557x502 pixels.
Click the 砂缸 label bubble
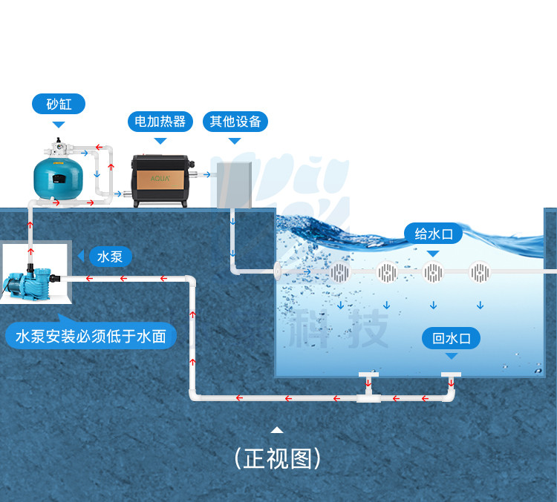click(x=59, y=104)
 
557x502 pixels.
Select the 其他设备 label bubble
click(x=235, y=121)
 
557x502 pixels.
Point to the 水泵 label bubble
click(x=110, y=257)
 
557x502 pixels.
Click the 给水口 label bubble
click(x=433, y=234)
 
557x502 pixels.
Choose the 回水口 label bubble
click(x=451, y=339)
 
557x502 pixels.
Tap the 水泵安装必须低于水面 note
click(x=91, y=337)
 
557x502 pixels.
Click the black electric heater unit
click(x=161, y=180)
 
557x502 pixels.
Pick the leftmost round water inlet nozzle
click(x=339, y=272)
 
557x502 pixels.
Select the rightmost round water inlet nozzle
click(x=480, y=272)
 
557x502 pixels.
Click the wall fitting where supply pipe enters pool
click(x=281, y=271)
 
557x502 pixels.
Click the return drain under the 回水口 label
click(x=451, y=375)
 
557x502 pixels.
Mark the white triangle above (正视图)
click(x=277, y=429)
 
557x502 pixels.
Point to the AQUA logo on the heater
click(x=161, y=179)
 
